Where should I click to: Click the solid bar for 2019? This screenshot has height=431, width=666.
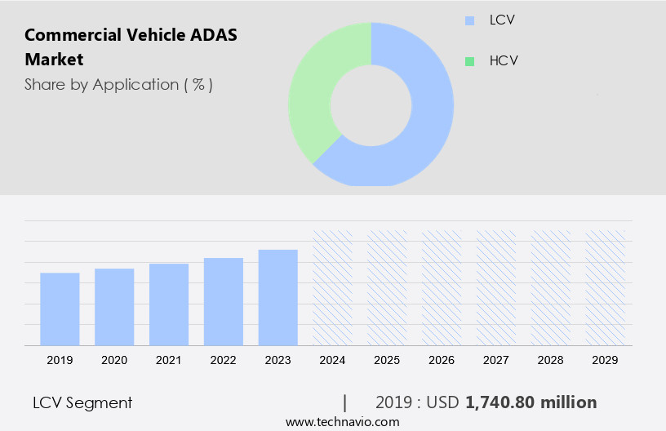(60, 309)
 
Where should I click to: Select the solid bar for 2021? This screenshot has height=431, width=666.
(169, 304)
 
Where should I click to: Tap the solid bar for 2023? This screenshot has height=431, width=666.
(278, 298)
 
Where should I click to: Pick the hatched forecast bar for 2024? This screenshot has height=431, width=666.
(333, 287)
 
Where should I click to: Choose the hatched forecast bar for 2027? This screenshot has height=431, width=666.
(496, 287)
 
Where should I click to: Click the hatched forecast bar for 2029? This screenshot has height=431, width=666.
(606, 287)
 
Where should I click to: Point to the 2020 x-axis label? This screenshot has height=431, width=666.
(114, 360)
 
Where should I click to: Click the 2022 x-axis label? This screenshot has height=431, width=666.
(224, 360)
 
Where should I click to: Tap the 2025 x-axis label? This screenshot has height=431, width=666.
(388, 360)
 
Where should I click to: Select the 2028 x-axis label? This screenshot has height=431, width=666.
(551, 360)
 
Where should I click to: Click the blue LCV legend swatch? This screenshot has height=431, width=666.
(469, 20)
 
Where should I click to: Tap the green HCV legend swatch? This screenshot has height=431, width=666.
(469, 61)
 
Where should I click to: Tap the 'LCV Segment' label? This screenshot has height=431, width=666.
(82, 402)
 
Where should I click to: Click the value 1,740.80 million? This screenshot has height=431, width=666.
(531, 402)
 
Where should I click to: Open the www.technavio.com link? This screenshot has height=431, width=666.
(342, 422)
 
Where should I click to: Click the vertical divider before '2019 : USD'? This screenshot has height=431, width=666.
(345, 402)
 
